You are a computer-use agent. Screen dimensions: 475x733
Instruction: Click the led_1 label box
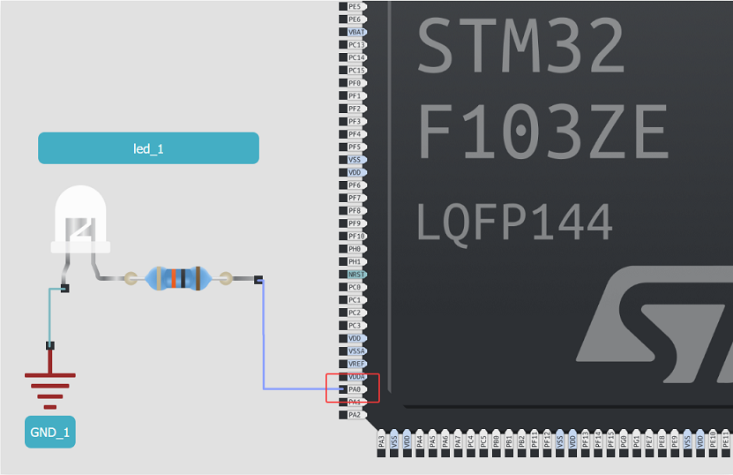[148, 148]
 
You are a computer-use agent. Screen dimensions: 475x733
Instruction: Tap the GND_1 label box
[49, 432]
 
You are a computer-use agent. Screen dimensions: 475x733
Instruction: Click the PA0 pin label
[355, 388]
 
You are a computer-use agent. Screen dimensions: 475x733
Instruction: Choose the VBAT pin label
[355, 32]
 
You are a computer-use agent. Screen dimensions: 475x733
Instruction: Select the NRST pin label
[355, 275]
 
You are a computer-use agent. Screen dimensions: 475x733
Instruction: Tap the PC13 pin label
[355, 44]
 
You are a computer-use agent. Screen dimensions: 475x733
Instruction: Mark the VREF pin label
[355, 364]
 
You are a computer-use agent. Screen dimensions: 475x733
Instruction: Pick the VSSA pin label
[355, 351]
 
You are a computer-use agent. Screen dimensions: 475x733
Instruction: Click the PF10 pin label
[355, 236]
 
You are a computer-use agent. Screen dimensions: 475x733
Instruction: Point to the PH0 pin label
[355, 249]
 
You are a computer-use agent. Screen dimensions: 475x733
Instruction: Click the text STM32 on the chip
[520, 46]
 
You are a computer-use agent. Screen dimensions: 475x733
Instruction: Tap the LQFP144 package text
[514, 222]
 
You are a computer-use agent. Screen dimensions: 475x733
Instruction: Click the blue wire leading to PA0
[264, 344]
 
